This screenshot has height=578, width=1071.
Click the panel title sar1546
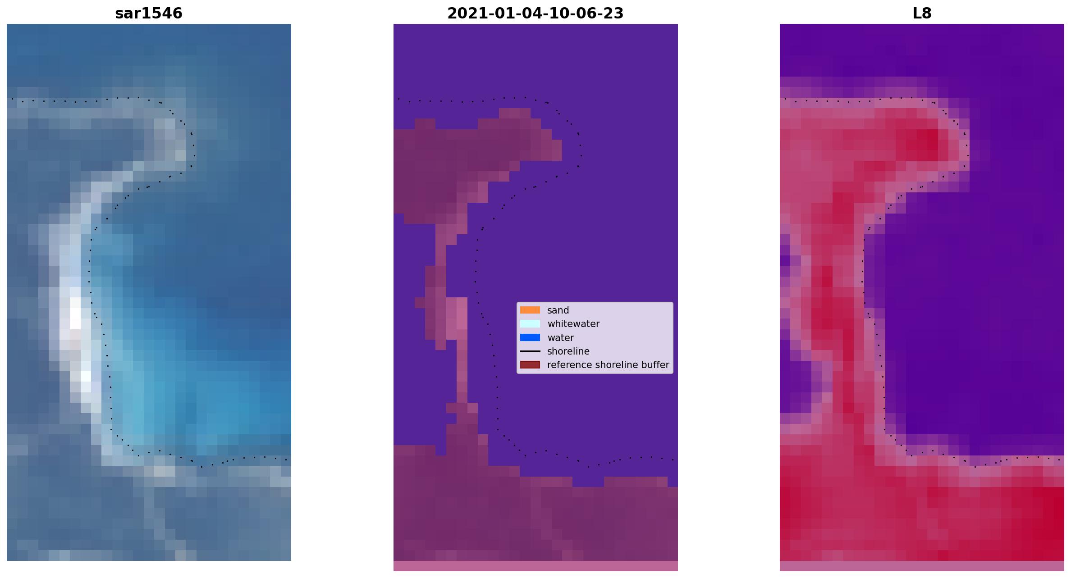point(149,14)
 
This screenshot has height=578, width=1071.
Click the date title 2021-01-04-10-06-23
point(535,14)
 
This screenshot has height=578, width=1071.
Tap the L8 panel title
point(922,14)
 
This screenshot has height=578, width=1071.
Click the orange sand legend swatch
point(530,310)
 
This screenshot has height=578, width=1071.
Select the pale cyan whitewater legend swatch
point(530,324)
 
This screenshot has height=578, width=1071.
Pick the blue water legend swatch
point(530,337)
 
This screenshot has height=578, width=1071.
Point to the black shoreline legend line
point(530,351)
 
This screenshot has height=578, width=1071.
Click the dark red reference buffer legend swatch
point(530,365)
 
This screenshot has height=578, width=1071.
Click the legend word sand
point(558,310)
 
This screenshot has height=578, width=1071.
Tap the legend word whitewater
point(573,324)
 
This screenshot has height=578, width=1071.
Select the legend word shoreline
point(568,351)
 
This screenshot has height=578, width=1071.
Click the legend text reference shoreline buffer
point(608,365)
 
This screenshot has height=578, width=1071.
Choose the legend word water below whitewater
point(560,338)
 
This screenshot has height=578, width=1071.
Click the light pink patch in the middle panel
point(457,318)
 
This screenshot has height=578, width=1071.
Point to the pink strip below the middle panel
point(535,566)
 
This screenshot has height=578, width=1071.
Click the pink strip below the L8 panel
point(922,566)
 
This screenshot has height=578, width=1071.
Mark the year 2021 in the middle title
point(465,14)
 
